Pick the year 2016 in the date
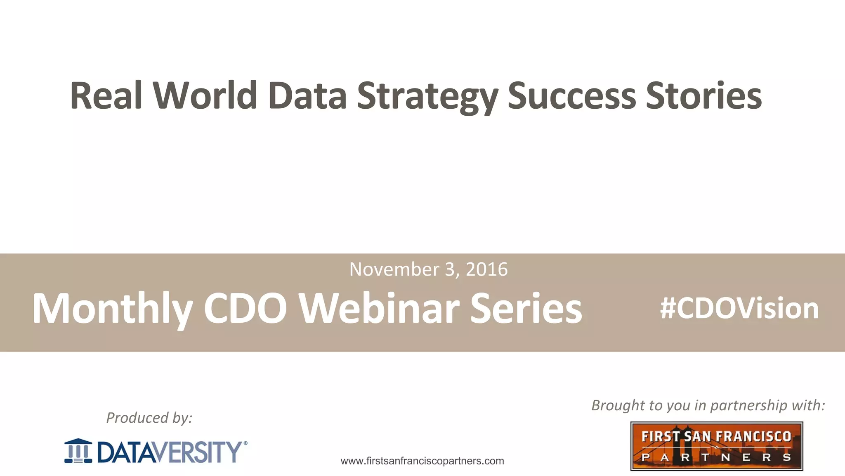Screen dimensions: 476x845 coord(486,269)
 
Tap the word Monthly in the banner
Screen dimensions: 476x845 coord(112,309)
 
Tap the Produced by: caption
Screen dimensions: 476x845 coord(149,418)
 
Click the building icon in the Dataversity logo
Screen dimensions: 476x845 coord(78,451)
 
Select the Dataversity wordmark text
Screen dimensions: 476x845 coord(169,452)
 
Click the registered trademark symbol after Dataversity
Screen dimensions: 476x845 coord(245,443)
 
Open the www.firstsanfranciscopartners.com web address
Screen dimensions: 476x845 coord(422,461)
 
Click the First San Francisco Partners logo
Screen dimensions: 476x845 coord(716,446)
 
